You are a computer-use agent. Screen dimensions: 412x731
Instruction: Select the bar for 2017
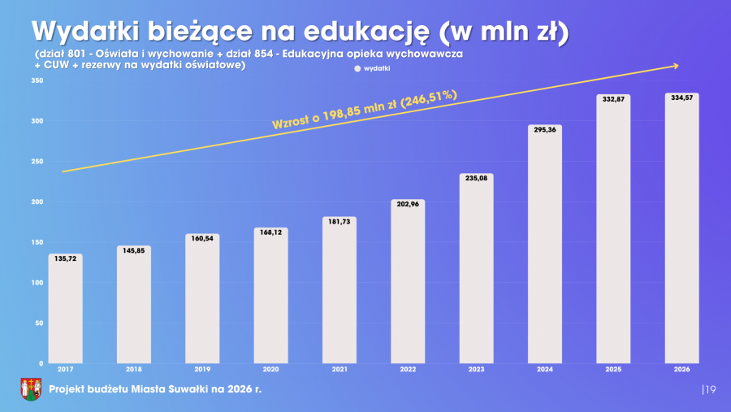(65, 309)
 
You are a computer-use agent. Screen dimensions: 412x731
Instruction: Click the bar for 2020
(270, 296)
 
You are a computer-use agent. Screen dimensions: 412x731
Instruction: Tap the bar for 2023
(476, 268)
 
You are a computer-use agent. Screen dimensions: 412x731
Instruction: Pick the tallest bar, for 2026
(681, 228)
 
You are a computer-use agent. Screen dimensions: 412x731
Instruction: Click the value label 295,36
(544, 130)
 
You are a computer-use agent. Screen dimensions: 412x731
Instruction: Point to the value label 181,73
(339, 222)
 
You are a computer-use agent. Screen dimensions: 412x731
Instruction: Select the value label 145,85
(133, 250)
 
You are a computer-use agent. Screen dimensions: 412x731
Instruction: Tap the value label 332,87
(613, 99)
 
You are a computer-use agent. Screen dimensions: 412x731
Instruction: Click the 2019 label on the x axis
(202, 370)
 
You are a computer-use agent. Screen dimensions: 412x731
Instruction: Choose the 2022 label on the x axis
(408, 370)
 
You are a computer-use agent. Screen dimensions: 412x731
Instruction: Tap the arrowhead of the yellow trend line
(674, 66)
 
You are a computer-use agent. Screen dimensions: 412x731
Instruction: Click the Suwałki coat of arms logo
(30, 389)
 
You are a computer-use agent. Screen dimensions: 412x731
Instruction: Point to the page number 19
(710, 391)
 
